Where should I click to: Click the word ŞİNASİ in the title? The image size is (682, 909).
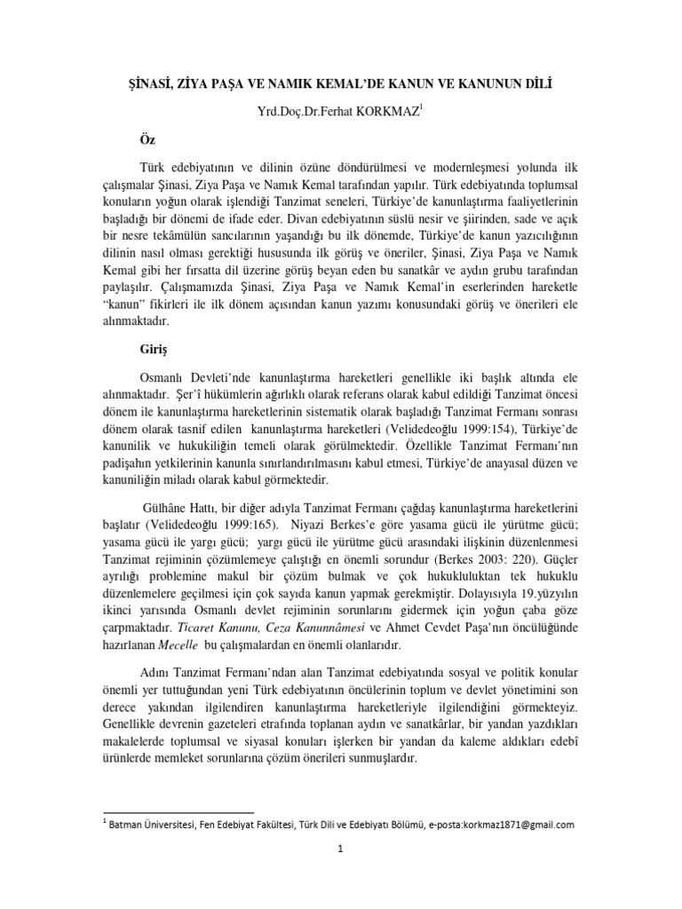(145, 83)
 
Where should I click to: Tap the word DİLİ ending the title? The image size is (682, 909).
(547, 83)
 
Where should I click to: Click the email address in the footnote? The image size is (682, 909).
(505, 824)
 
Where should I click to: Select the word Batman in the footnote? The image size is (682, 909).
(131, 824)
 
